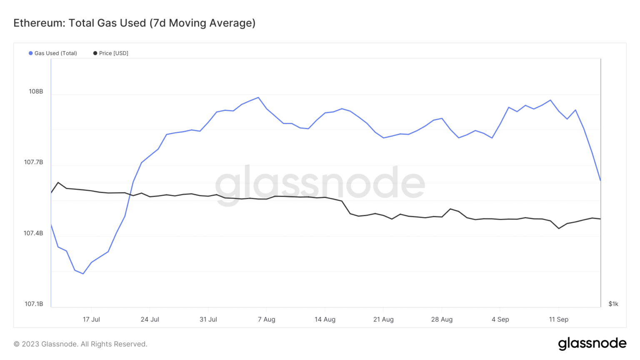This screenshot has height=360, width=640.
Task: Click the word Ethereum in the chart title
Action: [x=38, y=23]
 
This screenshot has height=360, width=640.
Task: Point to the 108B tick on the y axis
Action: [x=36, y=92]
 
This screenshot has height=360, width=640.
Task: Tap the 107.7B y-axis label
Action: [x=33, y=162]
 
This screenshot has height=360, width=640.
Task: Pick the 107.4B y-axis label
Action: [x=33, y=233]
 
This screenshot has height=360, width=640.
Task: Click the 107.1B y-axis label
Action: [x=34, y=304]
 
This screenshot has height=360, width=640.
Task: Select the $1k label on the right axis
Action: [x=613, y=304]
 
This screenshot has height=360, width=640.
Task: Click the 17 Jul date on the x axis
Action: [x=91, y=320]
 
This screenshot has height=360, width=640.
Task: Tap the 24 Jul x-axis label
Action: [x=150, y=320]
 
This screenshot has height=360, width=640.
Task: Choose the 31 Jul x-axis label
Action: [x=208, y=320]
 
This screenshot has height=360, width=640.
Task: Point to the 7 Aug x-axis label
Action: [x=267, y=320]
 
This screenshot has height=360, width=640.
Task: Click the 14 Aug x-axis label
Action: [x=325, y=320]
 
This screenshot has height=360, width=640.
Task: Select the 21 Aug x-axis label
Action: [x=383, y=320]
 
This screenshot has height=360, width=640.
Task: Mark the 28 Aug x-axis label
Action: [x=442, y=320]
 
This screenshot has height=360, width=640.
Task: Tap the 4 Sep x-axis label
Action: [x=500, y=320]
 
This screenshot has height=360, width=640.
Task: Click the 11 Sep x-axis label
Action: [x=558, y=320]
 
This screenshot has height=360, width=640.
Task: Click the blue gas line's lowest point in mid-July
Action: [x=83, y=274]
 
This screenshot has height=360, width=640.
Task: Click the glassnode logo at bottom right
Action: [x=592, y=343]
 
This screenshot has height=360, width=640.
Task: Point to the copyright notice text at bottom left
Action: [x=80, y=344]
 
